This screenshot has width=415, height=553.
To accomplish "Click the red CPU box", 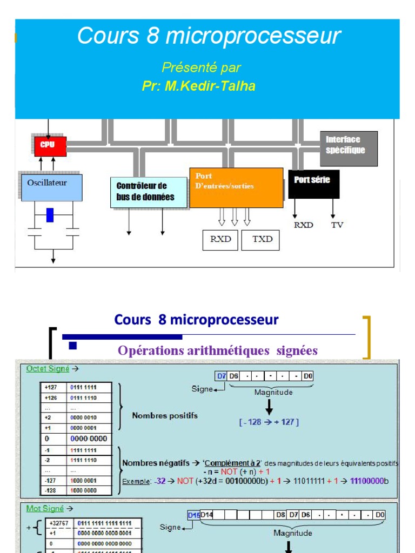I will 50,146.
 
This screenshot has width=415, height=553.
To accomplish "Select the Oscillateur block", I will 52,187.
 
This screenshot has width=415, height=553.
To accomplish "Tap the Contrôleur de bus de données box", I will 145,192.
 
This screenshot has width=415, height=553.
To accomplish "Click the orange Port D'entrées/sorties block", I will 236,187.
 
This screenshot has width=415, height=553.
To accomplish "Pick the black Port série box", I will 314,184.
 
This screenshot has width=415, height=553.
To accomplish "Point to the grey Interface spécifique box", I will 349,148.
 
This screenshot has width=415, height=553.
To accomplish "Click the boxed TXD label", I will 263,240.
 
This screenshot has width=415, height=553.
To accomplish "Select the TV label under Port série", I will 337,225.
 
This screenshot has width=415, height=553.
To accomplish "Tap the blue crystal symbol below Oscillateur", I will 50,215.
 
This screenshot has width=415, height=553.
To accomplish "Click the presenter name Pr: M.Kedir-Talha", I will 199,86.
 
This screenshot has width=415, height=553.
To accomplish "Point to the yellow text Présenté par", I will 201,68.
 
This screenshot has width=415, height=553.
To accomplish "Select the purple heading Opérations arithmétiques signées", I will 218,350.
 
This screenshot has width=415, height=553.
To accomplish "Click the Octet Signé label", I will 48,368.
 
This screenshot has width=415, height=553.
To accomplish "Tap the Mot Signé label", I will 45,508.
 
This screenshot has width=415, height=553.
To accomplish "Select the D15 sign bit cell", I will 194,515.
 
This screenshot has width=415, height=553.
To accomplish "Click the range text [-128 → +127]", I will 269,422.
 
